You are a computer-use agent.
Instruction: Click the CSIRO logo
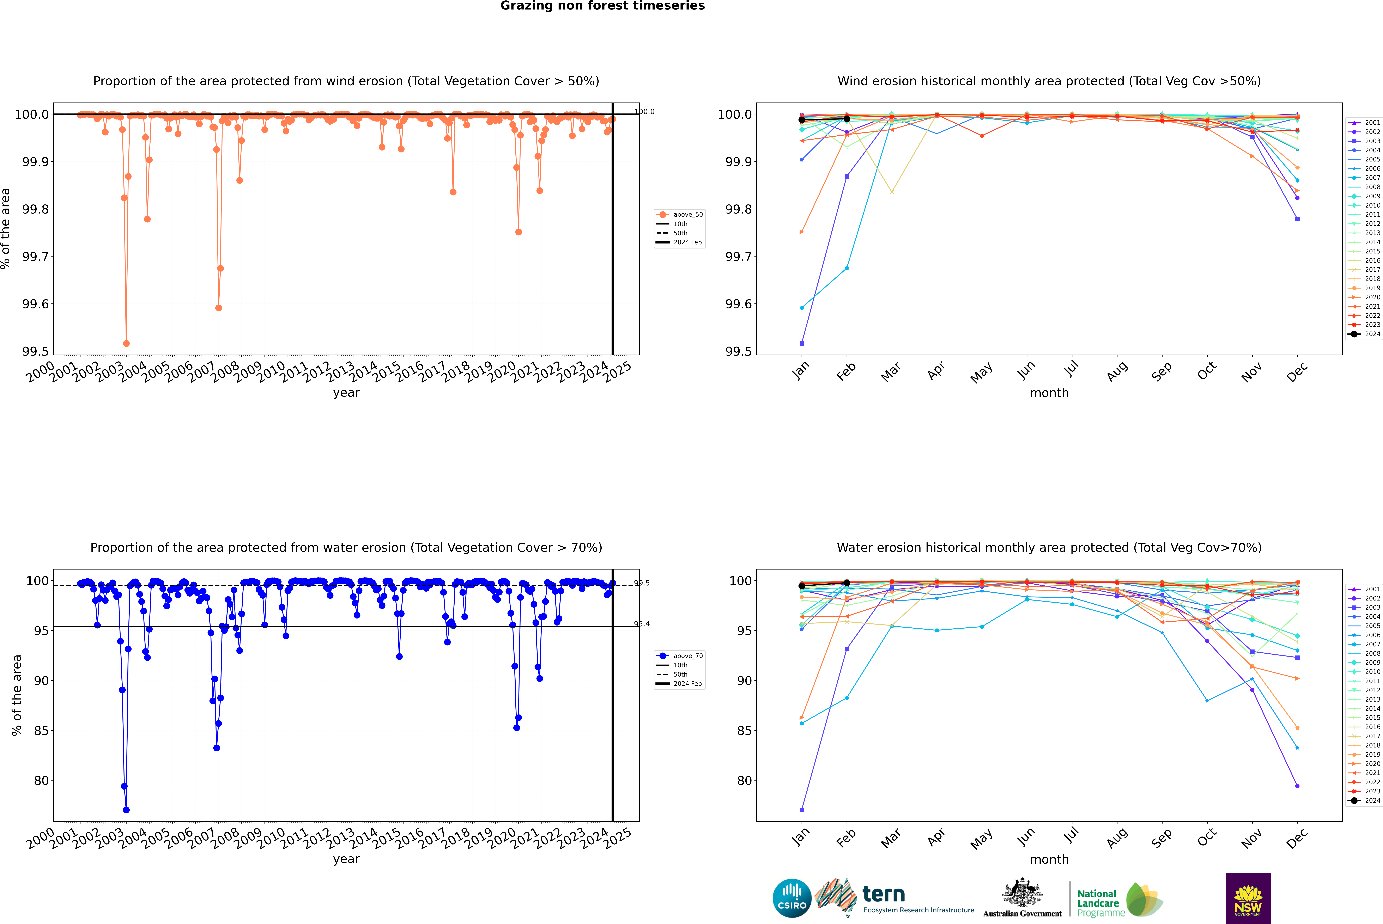point(792,898)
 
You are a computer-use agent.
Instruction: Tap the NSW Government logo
point(1248,898)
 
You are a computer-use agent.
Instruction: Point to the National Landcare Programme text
point(1098,903)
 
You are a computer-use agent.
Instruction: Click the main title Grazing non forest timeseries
point(602,6)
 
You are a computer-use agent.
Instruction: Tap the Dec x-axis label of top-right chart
point(1297,372)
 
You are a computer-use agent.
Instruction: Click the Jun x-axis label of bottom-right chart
point(1026,837)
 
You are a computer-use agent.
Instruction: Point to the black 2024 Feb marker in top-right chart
point(847,118)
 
